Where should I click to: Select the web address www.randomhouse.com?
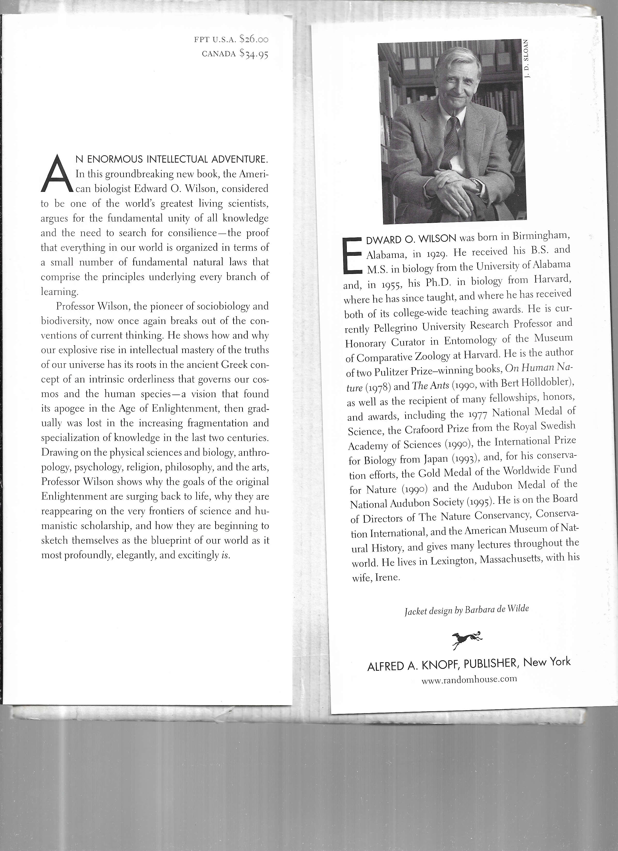click(x=469, y=679)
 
